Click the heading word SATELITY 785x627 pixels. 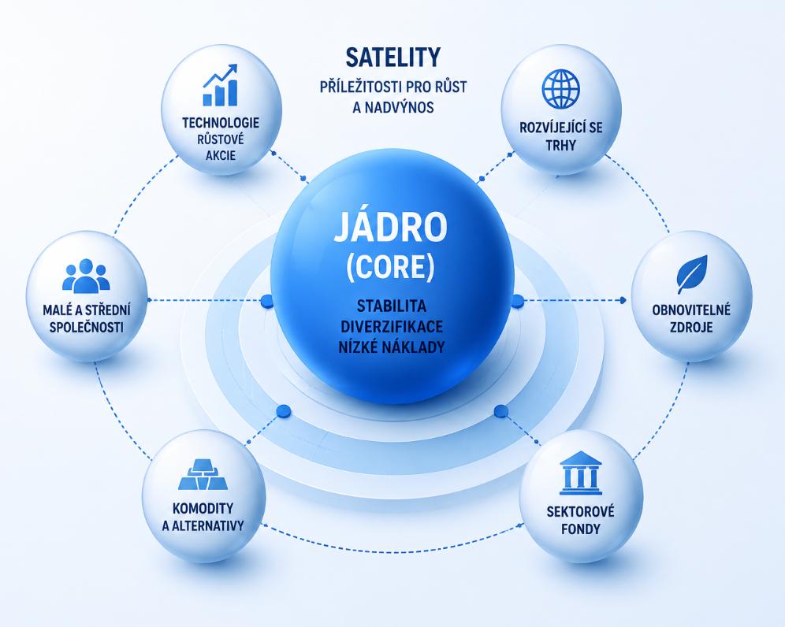393,57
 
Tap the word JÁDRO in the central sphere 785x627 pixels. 390,227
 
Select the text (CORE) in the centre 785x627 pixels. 390,268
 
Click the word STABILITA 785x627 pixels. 392,306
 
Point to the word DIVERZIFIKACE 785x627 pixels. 392,326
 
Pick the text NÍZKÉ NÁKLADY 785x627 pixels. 392,347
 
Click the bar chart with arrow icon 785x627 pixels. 220,85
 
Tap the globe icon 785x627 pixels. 560,88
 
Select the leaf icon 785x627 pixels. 692,274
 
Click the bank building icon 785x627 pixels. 580,473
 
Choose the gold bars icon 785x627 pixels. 203,475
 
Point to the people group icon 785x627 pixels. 86,276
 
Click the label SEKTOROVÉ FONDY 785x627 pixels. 580,520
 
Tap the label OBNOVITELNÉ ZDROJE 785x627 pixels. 691,318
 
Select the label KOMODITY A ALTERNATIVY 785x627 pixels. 203,517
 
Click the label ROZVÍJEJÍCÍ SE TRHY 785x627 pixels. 560,136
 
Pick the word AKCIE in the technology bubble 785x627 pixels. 221,155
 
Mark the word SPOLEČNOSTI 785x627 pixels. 86,327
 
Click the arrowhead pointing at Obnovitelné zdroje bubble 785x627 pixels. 623,300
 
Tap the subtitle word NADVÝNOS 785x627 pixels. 393,107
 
